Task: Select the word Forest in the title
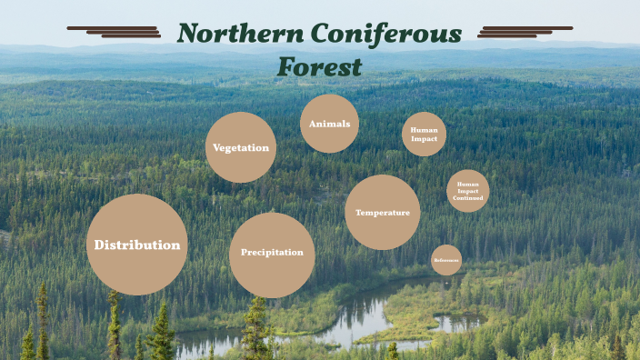320,66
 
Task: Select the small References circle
446,260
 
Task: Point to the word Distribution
137,245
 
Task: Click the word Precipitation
272,252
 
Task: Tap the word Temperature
383,213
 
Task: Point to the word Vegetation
241,147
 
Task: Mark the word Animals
329,123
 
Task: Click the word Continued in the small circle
468,197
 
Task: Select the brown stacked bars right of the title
525,32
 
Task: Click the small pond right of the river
456,321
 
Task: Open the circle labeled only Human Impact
424,134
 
